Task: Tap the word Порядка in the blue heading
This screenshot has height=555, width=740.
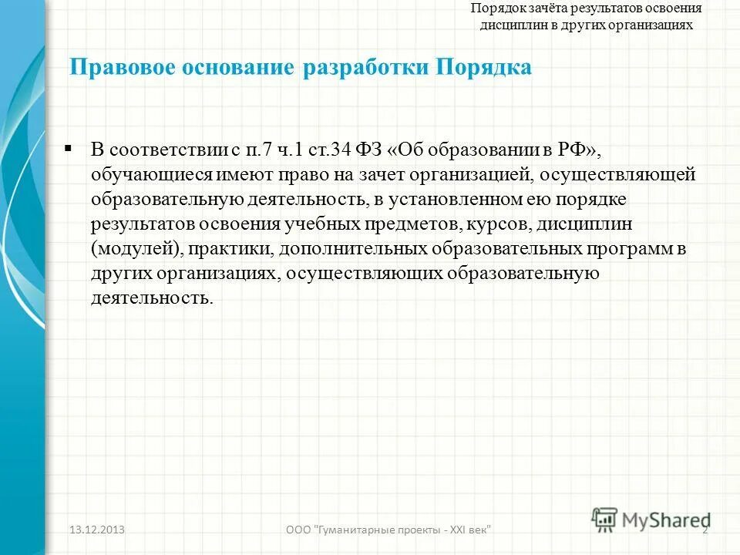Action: (484, 68)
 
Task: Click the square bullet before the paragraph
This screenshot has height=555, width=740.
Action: (69, 146)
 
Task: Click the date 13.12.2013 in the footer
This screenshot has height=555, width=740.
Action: (97, 530)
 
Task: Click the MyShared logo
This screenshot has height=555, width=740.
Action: (651, 520)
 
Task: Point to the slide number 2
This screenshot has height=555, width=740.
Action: (705, 530)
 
